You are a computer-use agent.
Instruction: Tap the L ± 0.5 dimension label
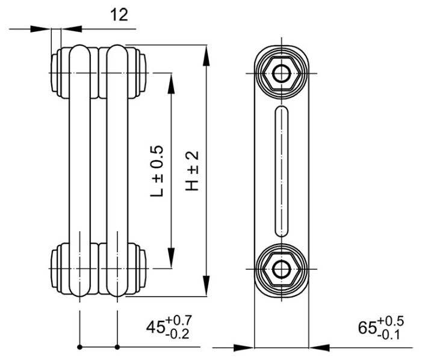click(156, 171)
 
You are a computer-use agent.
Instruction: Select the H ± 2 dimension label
click(191, 171)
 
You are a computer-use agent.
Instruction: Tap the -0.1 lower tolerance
click(391, 335)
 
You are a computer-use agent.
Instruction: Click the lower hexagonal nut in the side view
click(281, 267)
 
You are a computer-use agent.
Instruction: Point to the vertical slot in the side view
click(281, 171)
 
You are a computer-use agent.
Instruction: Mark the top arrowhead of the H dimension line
click(206, 54)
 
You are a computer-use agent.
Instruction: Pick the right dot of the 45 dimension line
click(117, 347)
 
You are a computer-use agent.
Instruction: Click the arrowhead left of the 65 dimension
click(243, 347)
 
